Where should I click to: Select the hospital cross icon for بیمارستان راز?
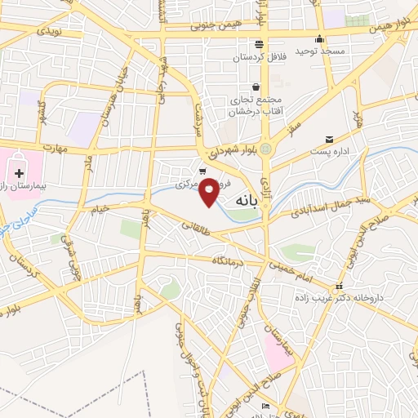pyautogui.click(x=19, y=173)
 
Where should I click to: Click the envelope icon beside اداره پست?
pyautogui.click(x=329, y=140)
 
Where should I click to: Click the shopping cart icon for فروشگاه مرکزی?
pyautogui.click(x=202, y=171)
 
